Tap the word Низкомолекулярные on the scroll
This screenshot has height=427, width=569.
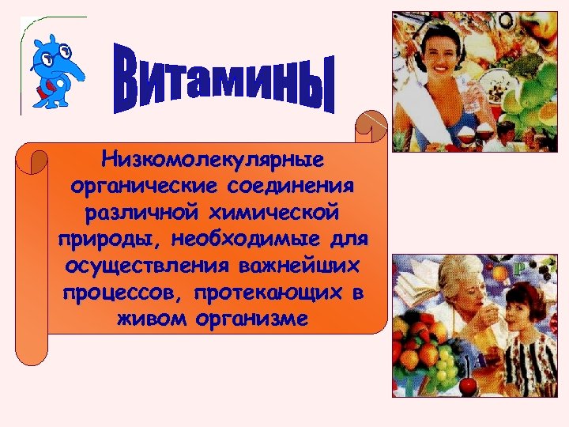pos(213,161)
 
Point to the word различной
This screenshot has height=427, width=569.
pos(126,213)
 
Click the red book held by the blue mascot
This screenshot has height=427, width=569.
pos(43,92)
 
